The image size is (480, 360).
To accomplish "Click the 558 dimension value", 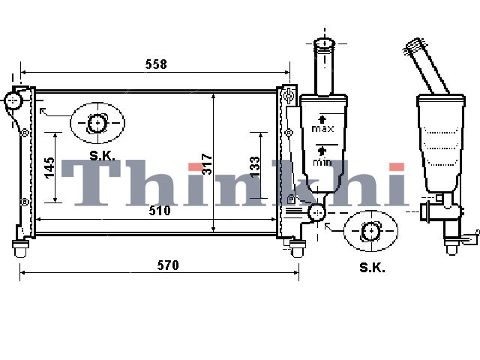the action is (x=156, y=64).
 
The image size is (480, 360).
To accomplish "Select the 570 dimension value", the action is (x=168, y=265).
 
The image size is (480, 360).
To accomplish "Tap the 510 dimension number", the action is (x=160, y=211).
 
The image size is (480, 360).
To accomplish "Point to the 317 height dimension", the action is (x=207, y=164).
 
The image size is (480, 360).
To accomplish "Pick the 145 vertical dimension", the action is (x=49, y=168).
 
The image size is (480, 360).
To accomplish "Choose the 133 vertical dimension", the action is (x=255, y=166).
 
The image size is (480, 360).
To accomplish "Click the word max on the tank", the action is (x=322, y=128).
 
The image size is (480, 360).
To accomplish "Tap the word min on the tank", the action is (x=322, y=162).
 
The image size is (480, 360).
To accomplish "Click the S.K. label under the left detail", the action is (x=102, y=156).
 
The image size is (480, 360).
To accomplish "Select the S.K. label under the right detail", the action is (x=372, y=268).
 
